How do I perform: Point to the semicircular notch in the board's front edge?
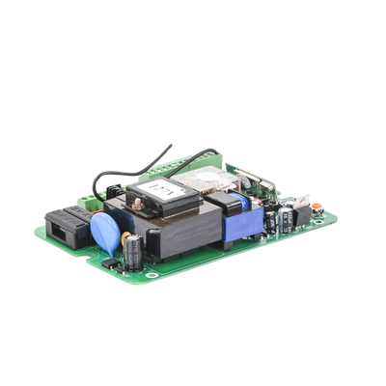tap(106, 259)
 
